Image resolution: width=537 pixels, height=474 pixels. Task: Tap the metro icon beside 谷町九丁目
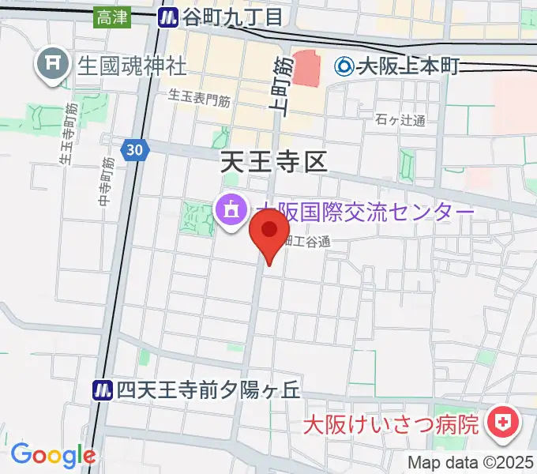coord(167,17)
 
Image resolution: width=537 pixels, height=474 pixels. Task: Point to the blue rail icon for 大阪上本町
coord(344,66)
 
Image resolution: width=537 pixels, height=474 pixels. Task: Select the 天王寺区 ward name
coord(272,163)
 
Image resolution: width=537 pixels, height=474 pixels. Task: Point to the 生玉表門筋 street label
coord(199,99)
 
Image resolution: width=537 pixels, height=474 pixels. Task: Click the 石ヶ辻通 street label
coord(400,121)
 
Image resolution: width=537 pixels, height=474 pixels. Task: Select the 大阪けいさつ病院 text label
coord(392,423)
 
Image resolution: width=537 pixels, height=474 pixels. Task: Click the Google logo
coord(53,455)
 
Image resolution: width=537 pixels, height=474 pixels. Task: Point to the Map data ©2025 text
coord(471,462)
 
